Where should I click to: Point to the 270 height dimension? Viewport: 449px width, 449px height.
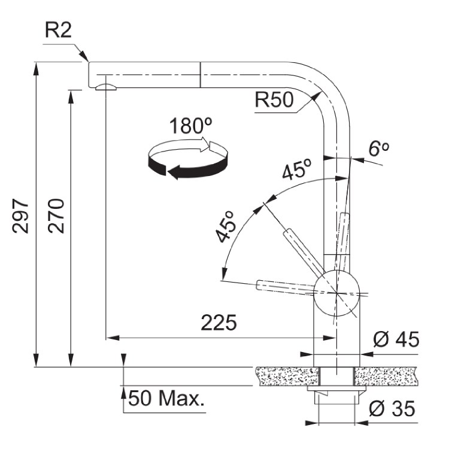[57, 216]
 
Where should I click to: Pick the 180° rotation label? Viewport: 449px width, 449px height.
[190, 126]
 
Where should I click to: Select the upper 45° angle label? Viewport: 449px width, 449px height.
[298, 171]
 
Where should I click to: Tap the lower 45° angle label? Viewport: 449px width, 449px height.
[227, 227]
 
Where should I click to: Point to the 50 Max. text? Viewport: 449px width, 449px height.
[165, 398]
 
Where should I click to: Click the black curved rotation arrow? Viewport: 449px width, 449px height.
[180, 169]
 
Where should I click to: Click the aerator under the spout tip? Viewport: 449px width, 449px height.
[105, 87]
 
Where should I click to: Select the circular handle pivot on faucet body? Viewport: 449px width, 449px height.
[337, 293]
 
